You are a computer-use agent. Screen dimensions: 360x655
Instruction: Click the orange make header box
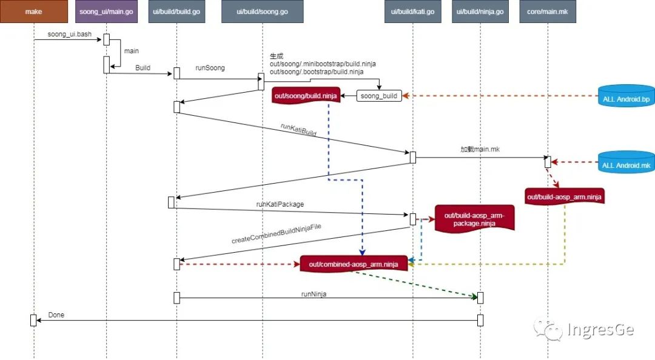(x=34, y=12)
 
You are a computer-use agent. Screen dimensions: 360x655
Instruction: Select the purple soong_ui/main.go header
(x=106, y=12)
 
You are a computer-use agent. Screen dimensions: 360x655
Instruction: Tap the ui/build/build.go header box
(x=176, y=12)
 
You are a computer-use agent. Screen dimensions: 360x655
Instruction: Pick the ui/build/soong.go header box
(x=262, y=12)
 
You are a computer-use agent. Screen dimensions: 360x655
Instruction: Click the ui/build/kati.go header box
(x=413, y=12)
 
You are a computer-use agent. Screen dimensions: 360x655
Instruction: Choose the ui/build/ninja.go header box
(x=480, y=12)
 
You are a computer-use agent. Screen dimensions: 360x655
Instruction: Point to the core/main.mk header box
(x=548, y=12)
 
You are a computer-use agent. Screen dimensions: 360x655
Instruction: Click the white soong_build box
(x=379, y=96)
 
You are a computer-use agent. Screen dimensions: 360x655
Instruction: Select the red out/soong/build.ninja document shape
(x=307, y=96)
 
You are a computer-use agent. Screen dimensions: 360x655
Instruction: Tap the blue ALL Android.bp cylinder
(x=626, y=98)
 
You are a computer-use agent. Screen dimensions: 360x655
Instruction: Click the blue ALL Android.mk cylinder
(x=626, y=164)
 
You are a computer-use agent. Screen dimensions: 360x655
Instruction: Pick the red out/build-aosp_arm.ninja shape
(x=565, y=196)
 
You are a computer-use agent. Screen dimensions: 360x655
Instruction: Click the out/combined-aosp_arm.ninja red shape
(x=353, y=264)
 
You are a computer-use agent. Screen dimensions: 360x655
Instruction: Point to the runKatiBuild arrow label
(x=298, y=131)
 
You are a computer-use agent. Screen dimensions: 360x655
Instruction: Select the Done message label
(x=56, y=315)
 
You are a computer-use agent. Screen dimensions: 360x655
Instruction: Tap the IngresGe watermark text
(x=600, y=330)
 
